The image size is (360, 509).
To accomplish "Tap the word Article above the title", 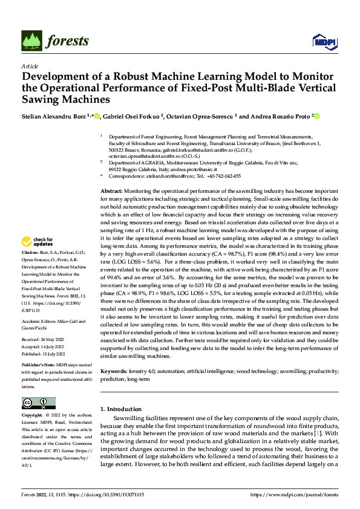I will point(30,66).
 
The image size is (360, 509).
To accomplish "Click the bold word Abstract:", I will point(113,190).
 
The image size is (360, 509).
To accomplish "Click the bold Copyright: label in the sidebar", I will point(32,416).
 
